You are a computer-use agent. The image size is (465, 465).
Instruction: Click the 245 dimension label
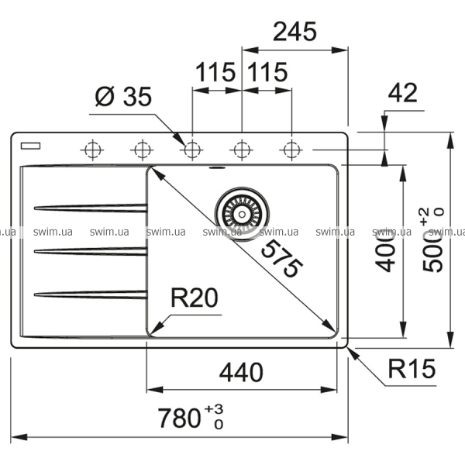tap(295, 32)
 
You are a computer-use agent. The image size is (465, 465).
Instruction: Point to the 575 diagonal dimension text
tap(278, 259)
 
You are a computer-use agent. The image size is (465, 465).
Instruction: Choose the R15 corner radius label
tap(412, 371)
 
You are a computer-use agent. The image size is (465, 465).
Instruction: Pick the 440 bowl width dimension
tap(240, 373)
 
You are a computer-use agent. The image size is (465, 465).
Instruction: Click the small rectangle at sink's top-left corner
tap(32, 144)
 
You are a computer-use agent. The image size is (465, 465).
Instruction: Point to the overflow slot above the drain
tap(217, 166)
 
